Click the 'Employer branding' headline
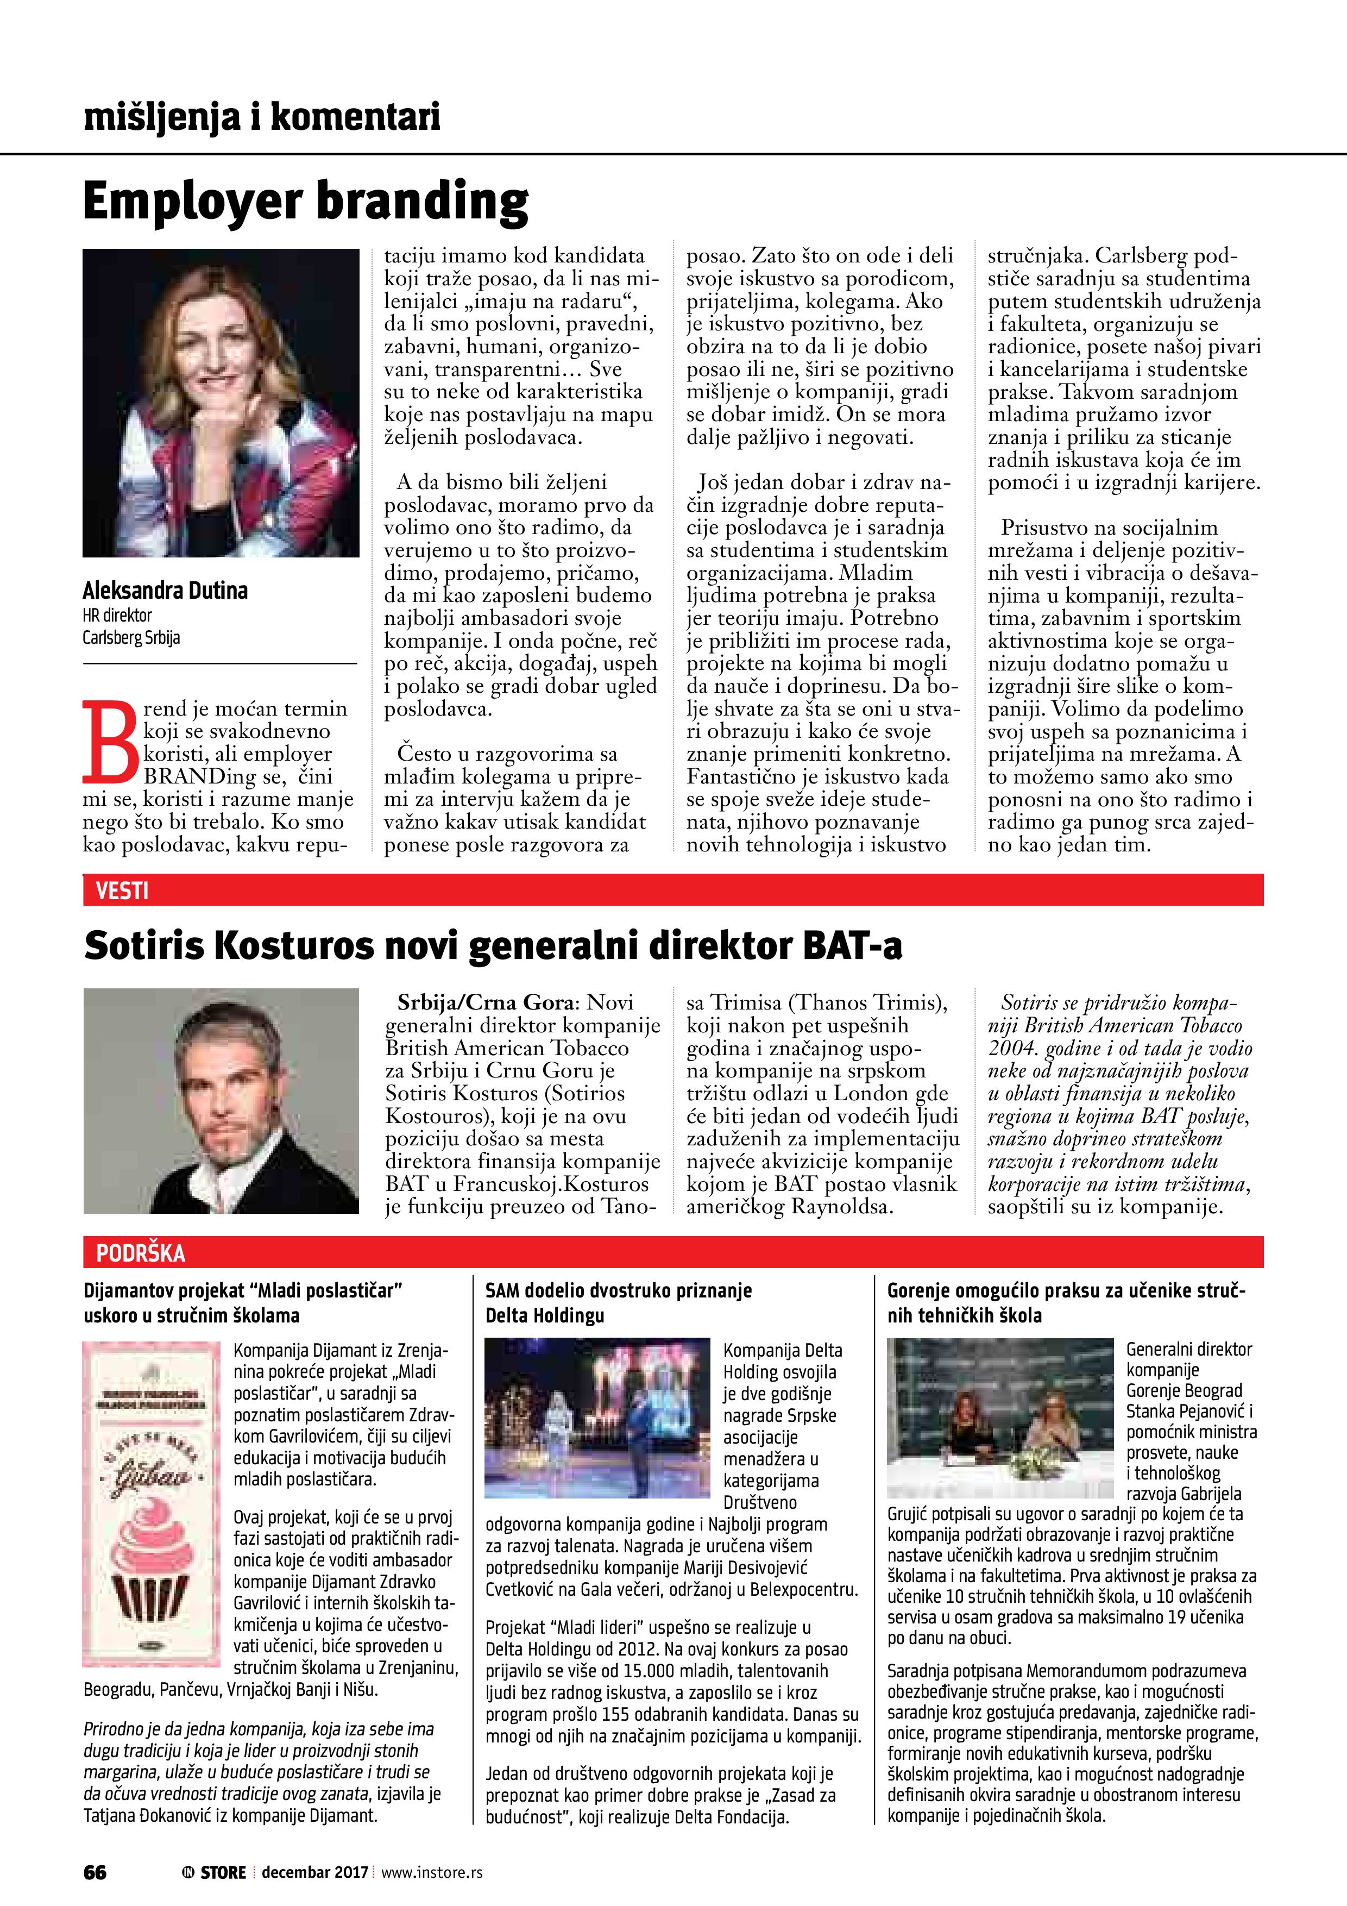click(x=305, y=202)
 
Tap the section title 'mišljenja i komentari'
click(x=261, y=117)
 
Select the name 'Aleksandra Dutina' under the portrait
click(x=165, y=590)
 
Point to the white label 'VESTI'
click(x=122, y=891)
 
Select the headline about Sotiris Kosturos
click(x=493, y=945)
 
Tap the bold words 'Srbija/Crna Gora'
click(x=484, y=1002)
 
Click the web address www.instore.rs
click(x=432, y=1872)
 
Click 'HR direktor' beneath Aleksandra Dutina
click(x=117, y=615)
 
